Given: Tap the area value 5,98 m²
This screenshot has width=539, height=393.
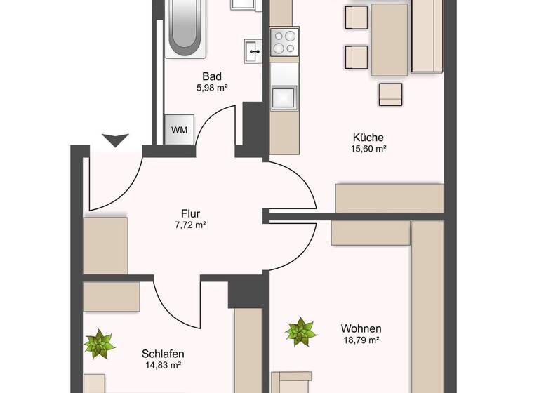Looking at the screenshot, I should point(213,88).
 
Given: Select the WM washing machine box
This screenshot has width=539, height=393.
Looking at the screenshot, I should point(179,130).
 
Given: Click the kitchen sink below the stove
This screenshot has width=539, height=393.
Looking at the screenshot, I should point(285,97).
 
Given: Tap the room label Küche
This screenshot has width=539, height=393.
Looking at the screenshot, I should point(368,138).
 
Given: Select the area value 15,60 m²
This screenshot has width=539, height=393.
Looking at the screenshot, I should point(368,149).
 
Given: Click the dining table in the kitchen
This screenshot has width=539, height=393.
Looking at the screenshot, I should point(390,39).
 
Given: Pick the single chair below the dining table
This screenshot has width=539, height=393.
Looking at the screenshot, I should point(390,93).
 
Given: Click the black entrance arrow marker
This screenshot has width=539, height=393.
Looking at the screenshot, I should point(115,140).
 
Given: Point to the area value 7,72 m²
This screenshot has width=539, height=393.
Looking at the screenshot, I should point(190,225).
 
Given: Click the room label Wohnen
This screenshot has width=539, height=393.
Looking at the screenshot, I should point(361,328).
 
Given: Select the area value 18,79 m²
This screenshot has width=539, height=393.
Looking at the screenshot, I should point(361,340).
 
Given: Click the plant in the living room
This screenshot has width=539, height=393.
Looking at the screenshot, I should point(301,331).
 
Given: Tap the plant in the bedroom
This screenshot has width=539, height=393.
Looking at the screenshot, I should point(100,344).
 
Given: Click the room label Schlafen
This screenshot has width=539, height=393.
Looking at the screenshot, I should point(162,353).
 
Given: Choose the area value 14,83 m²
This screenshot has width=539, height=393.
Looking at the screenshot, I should point(162,365).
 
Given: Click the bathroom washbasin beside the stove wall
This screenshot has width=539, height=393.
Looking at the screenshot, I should point(253,51).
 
